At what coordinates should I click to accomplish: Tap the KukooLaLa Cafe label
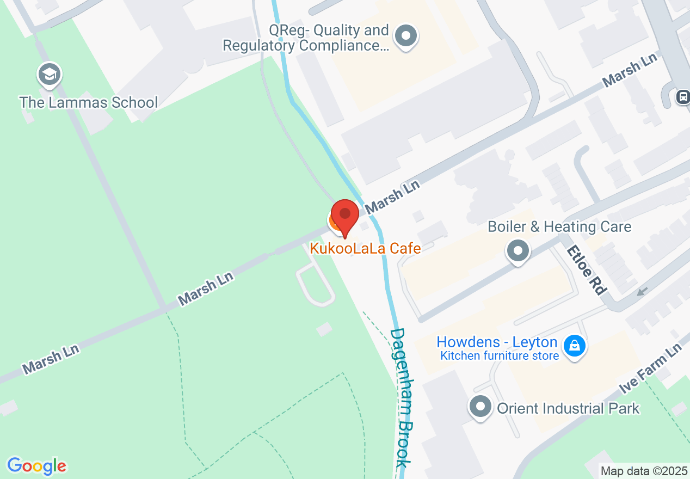tap(365, 249)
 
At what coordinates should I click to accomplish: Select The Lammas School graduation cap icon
tap(50, 75)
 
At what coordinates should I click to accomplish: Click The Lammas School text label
tap(89, 102)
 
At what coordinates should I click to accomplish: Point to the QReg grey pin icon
tap(405, 37)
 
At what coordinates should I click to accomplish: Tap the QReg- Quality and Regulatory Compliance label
tap(306, 38)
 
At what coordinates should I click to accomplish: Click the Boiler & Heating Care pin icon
tap(518, 251)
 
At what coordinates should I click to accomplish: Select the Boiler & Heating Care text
tap(559, 226)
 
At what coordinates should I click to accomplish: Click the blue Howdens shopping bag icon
tap(574, 345)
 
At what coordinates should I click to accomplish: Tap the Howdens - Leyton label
tap(497, 342)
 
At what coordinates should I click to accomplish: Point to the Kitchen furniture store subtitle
tap(500, 356)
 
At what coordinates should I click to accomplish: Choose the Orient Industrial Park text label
tap(568, 408)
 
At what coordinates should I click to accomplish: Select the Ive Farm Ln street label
tap(651, 369)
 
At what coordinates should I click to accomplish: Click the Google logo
tap(36, 466)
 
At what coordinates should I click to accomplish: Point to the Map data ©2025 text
tap(644, 471)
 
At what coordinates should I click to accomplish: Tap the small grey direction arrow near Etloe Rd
tap(642, 292)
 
